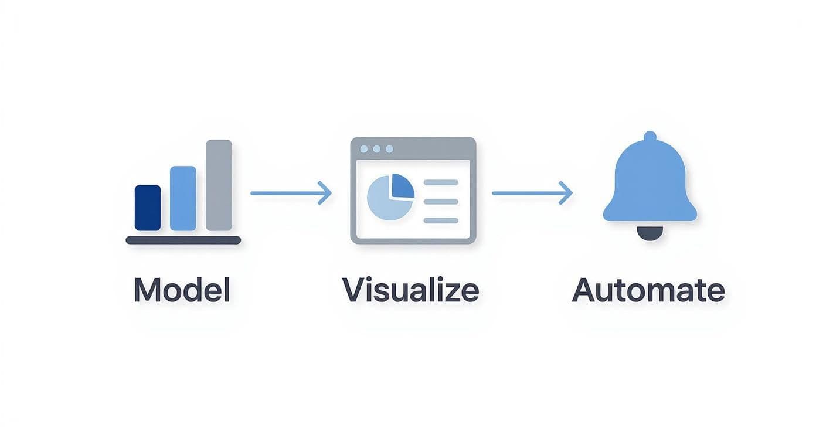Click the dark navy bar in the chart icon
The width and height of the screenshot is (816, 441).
tap(147, 208)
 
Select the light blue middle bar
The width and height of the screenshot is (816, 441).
tap(183, 198)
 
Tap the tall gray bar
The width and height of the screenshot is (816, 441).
tap(219, 185)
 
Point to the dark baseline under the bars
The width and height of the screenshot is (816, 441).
tap(183, 240)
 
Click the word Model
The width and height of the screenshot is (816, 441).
tap(182, 290)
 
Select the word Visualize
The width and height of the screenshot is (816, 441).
tap(410, 290)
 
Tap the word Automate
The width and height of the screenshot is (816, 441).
tap(648, 290)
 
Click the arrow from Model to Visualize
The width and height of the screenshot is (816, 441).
tap(290, 193)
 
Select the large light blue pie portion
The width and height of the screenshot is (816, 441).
tap(384, 202)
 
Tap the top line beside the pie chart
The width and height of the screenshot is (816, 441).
tap(440, 182)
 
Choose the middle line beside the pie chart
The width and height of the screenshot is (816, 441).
tap(440, 202)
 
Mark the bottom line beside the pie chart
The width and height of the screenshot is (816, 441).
tap(440, 220)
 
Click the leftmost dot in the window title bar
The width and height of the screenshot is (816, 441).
tap(364, 149)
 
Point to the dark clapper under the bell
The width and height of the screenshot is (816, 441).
tap(650, 233)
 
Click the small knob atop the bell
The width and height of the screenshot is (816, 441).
tap(650, 137)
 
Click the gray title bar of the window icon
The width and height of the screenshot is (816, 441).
tap(434, 148)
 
